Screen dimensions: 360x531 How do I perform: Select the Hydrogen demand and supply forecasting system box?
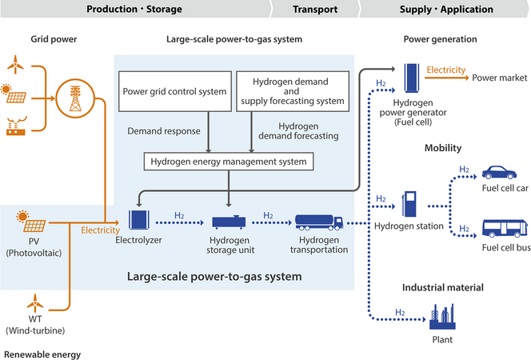coord(293,90)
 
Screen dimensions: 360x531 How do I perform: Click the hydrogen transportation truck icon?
coord(320,222)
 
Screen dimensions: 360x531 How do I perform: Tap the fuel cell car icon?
coord(500,173)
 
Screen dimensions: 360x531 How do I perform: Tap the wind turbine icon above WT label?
coord(34,302)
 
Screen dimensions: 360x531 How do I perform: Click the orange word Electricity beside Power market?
coord(445,70)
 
